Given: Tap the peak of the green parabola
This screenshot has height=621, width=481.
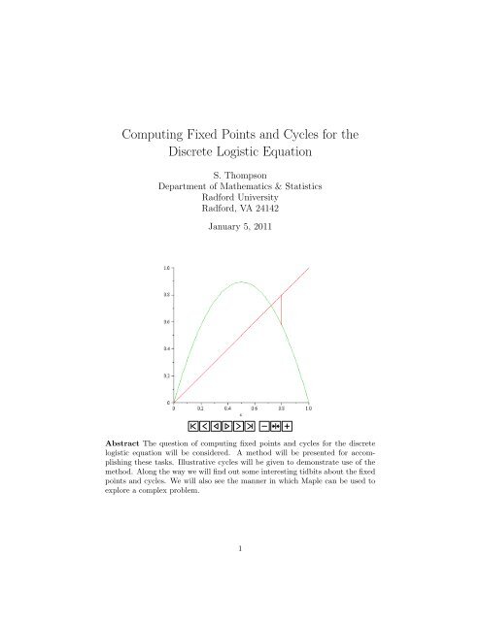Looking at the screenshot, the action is [x=241, y=282].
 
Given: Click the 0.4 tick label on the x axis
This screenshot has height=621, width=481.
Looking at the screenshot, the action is [x=227, y=409].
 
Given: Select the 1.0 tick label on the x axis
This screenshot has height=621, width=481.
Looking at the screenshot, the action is [x=308, y=409].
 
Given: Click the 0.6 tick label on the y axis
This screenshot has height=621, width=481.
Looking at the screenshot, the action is [x=166, y=320].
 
